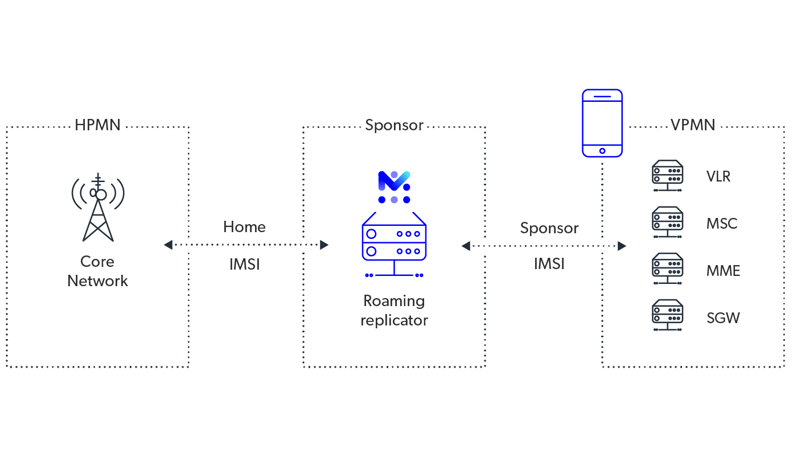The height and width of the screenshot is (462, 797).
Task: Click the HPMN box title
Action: click(97, 125)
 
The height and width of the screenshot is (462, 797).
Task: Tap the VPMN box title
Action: click(692, 125)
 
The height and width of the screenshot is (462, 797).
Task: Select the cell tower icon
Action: click(98, 207)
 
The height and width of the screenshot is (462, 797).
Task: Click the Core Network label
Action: click(98, 271)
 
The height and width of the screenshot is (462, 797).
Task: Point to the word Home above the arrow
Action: click(244, 227)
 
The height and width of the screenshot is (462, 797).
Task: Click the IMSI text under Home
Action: click(244, 265)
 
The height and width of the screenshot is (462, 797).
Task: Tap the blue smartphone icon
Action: click(602, 123)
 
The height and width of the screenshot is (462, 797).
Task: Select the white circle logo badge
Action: click(394, 187)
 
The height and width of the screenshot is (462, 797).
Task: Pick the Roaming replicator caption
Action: click(394, 310)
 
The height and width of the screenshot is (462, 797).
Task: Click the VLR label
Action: click(718, 176)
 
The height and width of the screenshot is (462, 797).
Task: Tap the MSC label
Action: click(721, 224)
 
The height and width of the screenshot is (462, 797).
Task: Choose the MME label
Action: click(723, 271)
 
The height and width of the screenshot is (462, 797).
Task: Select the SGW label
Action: click(723, 317)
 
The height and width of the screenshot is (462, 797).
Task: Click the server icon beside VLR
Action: click(667, 172)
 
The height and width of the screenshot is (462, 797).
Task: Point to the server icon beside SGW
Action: click(667, 315)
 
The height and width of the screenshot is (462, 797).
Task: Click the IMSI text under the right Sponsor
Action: click(549, 264)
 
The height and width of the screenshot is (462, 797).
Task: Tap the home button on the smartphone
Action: click(602, 151)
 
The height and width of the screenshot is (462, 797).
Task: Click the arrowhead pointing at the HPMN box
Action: click(168, 245)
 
